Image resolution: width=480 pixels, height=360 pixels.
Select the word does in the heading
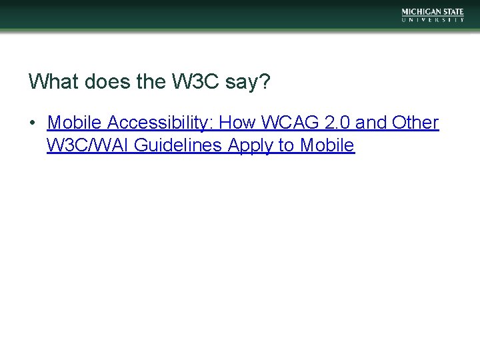[x=101, y=82]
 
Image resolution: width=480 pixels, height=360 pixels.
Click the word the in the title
[x=149, y=82]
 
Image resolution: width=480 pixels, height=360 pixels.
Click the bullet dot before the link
[x=32, y=123]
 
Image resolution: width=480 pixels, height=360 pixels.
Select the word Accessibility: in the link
[x=161, y=123]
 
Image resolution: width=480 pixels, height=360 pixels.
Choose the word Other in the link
[x=416, y=123]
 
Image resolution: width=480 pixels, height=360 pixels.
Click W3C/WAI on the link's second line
[x=88, y=145]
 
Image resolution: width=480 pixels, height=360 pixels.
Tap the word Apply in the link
[x=251, y=146]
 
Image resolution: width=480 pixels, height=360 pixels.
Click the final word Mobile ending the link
[x=327, y=145]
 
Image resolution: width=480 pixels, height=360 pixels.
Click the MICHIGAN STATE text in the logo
[x=433, y=12]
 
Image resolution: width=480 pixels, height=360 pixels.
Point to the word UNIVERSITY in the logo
[x=433, y=20]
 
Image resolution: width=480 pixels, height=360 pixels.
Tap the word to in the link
[x=287, y=145]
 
